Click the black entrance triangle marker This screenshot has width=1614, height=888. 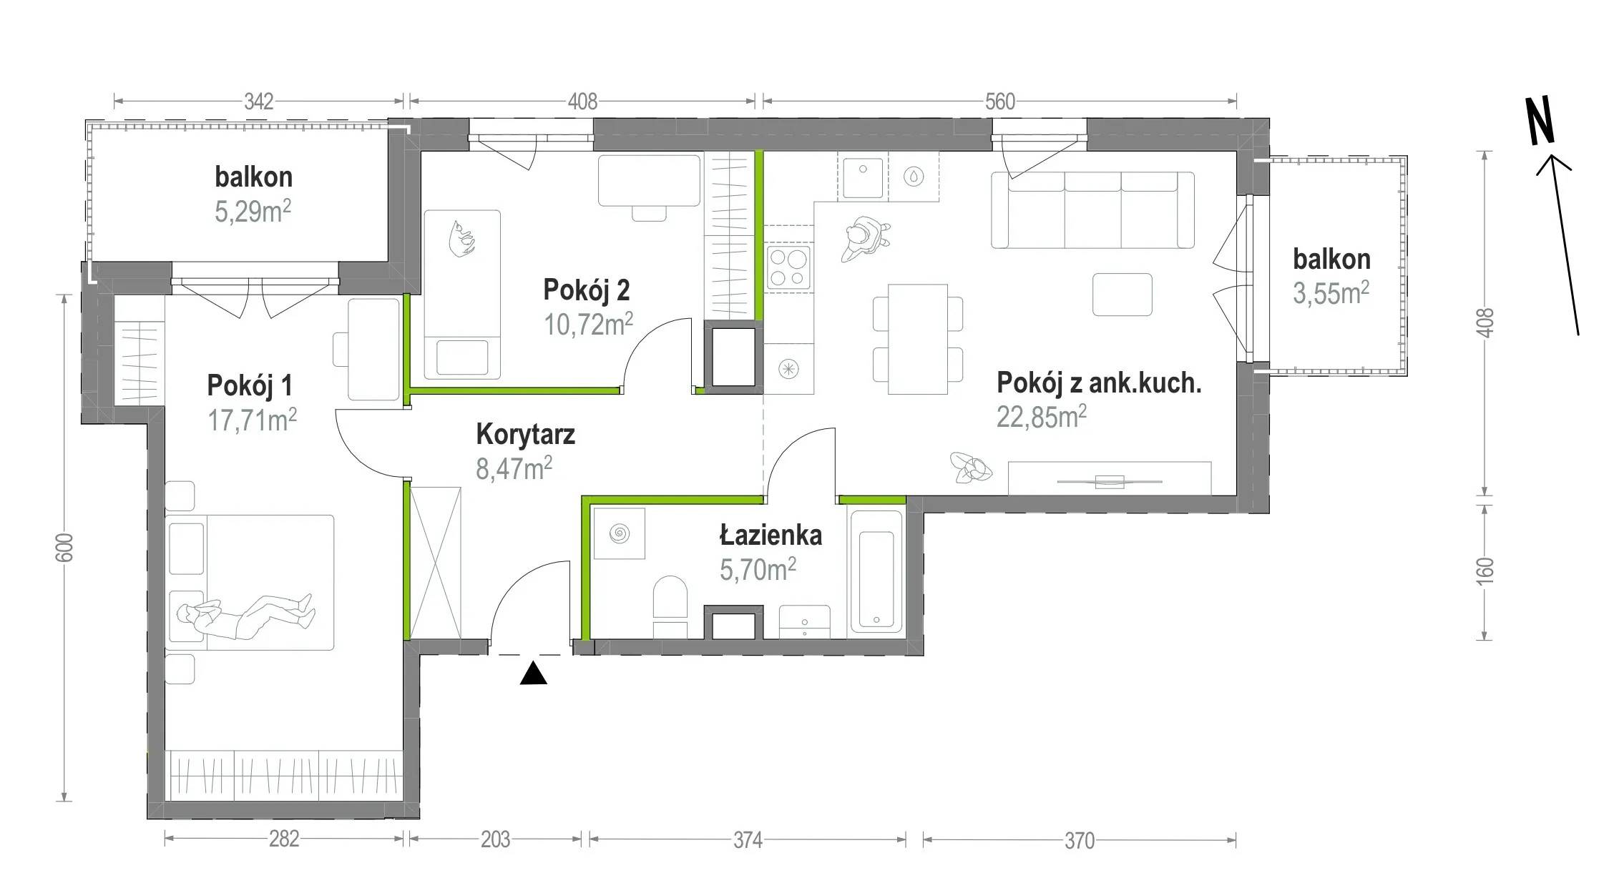(533, 674)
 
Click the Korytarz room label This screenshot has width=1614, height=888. (525, 435)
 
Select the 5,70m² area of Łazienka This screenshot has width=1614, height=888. (758, 569)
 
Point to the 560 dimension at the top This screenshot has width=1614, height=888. (999, 102)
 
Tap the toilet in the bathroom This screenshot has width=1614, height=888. (670, 607)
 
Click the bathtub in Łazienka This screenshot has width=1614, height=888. (876, 573)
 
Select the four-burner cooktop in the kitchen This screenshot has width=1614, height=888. (788, 267)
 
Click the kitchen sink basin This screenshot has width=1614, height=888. (863, 177)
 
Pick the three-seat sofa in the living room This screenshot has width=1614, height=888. (1092, 209)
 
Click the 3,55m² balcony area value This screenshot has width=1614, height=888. (1331, 293)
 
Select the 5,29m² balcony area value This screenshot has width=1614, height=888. (253, 212)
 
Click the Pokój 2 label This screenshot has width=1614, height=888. (587, 290)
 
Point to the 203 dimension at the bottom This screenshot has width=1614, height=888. (495, 839)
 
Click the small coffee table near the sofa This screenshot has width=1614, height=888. (1123, 295)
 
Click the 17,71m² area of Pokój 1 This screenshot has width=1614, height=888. (252, 420)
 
